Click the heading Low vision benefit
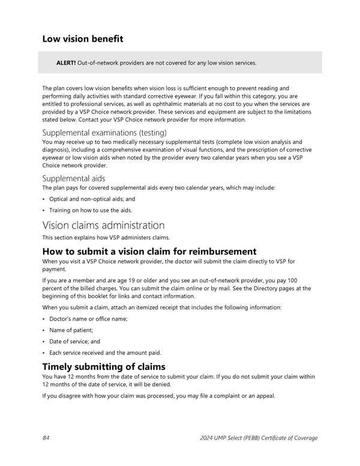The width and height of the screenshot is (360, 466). click(x=82, y=39)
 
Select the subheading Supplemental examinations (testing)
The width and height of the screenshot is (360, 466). click(x=104, y=132)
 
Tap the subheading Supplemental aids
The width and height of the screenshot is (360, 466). click(x=73, y=178)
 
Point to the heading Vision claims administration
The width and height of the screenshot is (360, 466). click(x=103, y=225)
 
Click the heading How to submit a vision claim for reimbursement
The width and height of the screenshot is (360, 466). click(x=149, y=252)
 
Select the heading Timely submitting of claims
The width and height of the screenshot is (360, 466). click(x=104, y=366)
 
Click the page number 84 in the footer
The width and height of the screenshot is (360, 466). click(x=46, y=438)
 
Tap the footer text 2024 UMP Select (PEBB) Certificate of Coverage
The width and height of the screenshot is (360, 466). click(x=259, y=438)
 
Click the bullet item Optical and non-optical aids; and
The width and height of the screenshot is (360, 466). click(x=92, y=199)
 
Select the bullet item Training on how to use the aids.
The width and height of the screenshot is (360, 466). click(x=90, y=210)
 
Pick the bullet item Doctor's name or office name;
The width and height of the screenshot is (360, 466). click(x=88, y=318)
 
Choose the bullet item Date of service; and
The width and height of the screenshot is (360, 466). click(x=74, y=341)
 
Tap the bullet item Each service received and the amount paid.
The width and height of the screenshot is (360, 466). click(x=105, y=353)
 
